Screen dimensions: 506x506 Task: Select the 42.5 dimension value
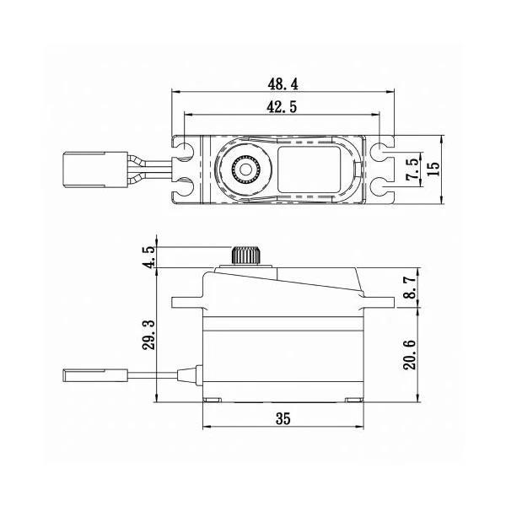coord(283,107)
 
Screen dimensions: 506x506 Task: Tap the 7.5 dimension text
coord(412,167)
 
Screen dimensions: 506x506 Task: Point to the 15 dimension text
coord(433,168)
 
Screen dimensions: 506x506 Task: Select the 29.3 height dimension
coord(150,335)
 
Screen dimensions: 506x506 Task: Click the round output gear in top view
coord(245,170)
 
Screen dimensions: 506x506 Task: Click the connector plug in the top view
coord(84,166)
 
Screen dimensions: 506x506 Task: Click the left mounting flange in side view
coord(187,301)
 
